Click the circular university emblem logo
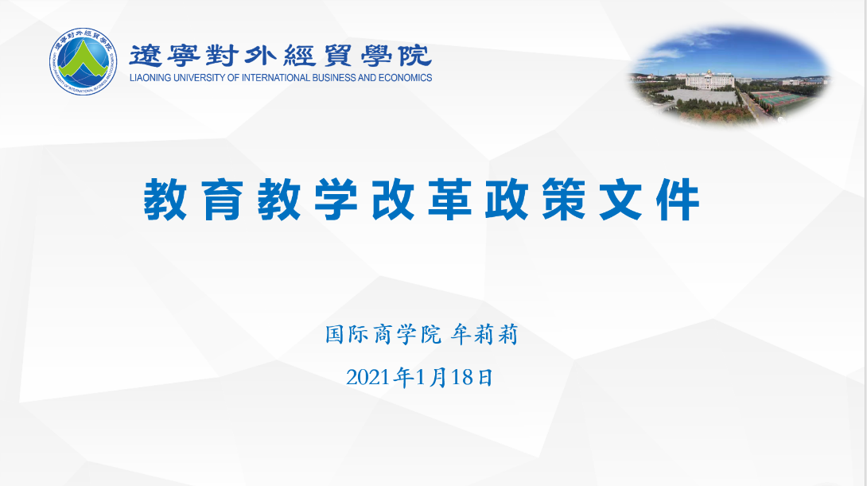point(83,61)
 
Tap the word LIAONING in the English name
point(150,78)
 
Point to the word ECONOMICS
point(406,78)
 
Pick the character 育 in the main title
point(222,200)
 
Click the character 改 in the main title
point(393,200)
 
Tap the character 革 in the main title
point(450,200)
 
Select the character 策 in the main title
point(564,200)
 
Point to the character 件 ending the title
point(678,200)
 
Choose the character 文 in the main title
point(621,200)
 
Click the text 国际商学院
point(383,335)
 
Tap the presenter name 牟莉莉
point(484,335)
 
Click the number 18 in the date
point(461,378)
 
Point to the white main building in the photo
point(710,80)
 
